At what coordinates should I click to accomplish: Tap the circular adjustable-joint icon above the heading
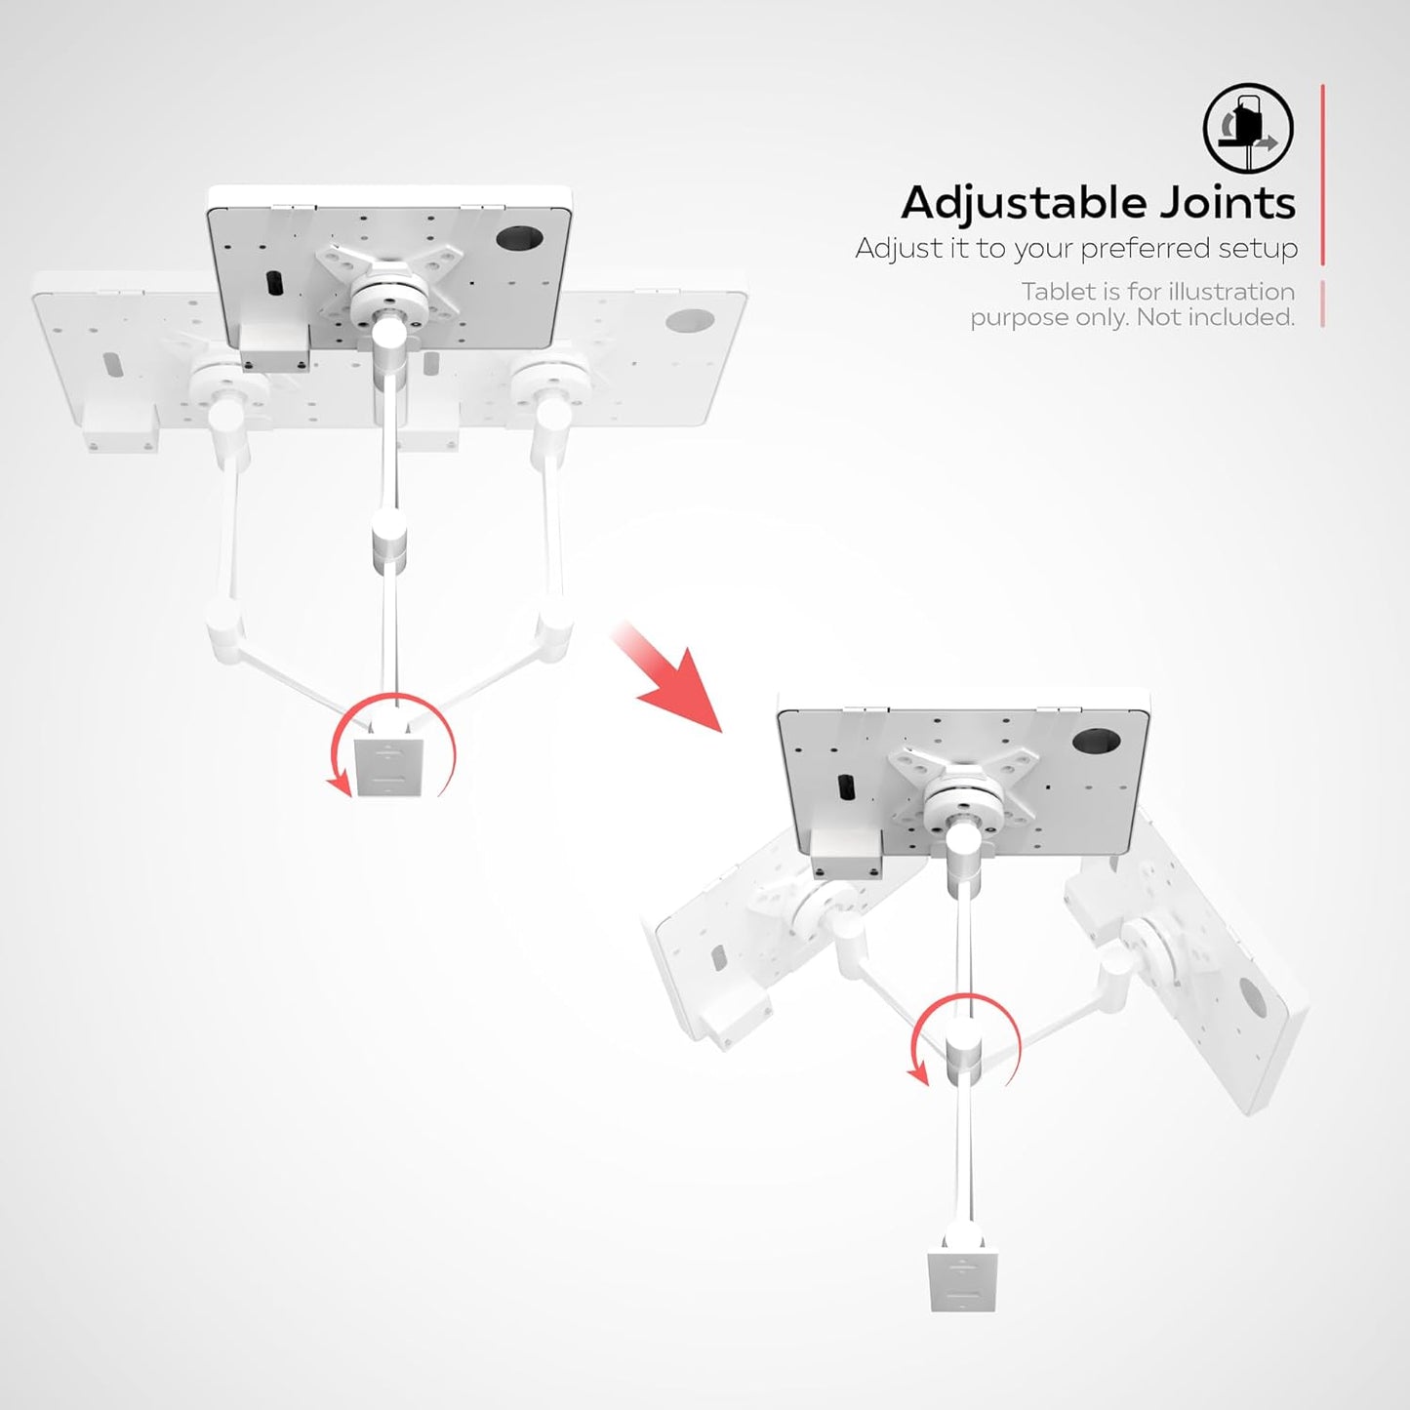pos(1248,128)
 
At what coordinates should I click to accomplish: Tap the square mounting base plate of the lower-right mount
pos(962,1280)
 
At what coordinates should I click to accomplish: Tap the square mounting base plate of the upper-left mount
pos(388,766)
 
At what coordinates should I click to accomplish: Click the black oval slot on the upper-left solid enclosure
pos(274,282)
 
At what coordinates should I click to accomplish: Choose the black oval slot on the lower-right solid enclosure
pos(846,788)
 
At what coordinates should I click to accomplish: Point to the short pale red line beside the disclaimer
pos(1322,303)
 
